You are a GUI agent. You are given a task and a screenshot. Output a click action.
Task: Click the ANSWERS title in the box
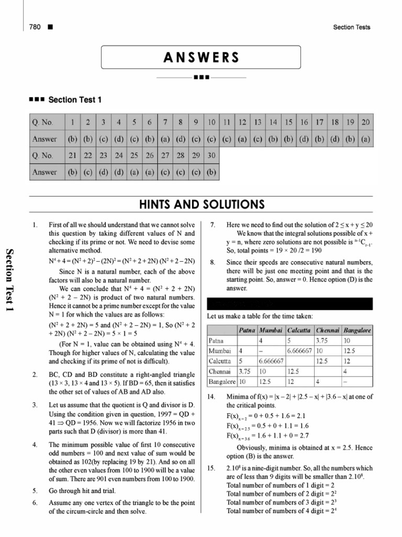point(200,57)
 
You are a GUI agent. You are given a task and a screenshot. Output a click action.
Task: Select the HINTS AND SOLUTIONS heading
point(200,204)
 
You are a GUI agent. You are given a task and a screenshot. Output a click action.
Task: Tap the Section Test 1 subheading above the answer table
point(75,99)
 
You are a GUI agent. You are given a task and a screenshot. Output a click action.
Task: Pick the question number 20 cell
point(365,123)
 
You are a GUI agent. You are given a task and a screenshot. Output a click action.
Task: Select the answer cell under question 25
point(134,171)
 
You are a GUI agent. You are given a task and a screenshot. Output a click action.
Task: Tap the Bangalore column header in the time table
point(358,330)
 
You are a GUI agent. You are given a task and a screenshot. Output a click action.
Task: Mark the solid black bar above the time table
point(290,304)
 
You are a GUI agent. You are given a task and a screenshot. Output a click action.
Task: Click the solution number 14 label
point(211,396)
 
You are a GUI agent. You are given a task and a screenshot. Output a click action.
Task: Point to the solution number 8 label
point(212,262)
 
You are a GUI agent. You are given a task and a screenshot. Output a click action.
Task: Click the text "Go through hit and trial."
point(82,491)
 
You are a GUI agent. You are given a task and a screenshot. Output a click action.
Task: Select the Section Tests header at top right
point(351,27)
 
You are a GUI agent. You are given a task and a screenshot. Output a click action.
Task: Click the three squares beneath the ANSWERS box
point(201,78)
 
